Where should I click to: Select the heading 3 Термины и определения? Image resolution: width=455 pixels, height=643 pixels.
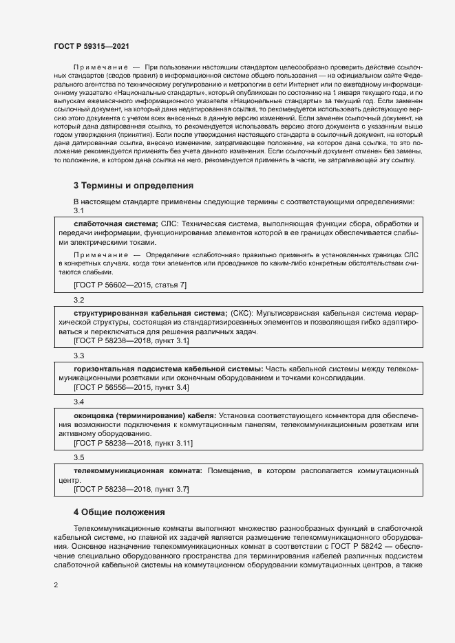coord(133,186)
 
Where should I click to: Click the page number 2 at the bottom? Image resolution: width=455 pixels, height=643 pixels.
coord(56,585)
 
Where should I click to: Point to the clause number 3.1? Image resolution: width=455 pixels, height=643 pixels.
coord(78,210)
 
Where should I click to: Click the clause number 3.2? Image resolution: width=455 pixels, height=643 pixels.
coord(78,300)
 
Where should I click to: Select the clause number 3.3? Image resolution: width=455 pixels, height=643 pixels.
coord(78,356)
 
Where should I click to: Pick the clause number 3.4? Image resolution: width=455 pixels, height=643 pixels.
coord(78,402)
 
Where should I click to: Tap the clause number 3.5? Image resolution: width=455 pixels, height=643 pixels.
coord(78,457)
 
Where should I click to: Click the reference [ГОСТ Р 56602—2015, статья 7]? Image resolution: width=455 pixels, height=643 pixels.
coord(129,285)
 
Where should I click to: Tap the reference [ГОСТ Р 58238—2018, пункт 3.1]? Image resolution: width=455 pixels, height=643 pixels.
coord(131,341)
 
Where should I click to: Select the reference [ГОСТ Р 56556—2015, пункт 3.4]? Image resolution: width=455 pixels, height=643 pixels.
coord(131,388)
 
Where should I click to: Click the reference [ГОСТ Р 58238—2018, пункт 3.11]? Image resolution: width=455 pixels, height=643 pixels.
coord(133,444)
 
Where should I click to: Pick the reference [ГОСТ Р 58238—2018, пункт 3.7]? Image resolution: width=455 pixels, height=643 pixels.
coord(131,489)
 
